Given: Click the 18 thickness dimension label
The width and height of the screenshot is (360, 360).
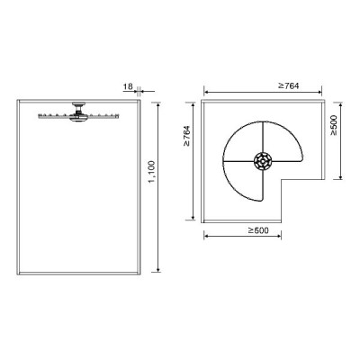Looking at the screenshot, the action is pos(128,86).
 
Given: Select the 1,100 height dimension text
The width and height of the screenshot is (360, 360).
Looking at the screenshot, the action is pos(152,172).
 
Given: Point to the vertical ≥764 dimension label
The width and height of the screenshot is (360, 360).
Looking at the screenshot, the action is pos(186,136).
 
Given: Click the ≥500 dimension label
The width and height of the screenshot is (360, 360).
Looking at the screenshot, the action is pos(334,125).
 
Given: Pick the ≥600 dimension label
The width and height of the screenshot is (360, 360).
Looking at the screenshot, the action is pos(258,230).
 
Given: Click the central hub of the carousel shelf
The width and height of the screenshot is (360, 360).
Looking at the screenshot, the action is pos(263,161).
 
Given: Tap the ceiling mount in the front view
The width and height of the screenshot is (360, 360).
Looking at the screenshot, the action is pos(78,106).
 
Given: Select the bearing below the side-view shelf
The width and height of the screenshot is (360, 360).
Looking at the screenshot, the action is pos(77,118).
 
